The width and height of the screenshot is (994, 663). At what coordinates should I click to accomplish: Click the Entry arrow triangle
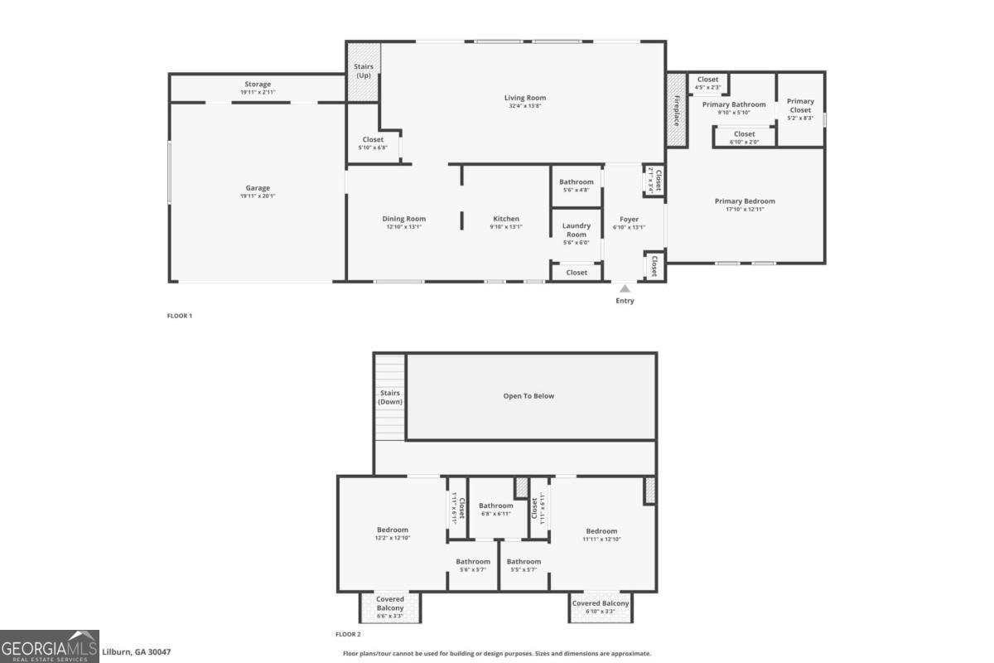point(625,288)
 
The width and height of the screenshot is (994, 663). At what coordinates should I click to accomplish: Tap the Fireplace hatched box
point(676,110)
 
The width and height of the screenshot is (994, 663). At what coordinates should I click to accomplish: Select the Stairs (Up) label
point(363,70)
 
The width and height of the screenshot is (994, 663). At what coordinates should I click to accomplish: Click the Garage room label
point(258,188)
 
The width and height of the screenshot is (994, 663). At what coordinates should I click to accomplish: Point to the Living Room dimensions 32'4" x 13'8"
point(525,106)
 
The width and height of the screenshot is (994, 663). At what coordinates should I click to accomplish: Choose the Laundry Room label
point(576,230)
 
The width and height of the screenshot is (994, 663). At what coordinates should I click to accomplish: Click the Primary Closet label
point(800,105)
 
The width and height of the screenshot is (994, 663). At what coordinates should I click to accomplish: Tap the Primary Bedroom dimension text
point(745,209)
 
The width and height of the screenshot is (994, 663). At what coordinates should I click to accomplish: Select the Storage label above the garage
point(258,84)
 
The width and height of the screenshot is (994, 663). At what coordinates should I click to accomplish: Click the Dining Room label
point(403,219)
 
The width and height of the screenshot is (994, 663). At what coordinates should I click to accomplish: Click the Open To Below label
point(528,396)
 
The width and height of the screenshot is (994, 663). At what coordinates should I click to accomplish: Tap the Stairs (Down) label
point(389,397)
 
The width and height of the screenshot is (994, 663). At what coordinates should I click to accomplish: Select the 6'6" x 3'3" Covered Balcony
point(390,607)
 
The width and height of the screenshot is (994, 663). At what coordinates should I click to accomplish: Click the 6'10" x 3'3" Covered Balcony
point(601,607)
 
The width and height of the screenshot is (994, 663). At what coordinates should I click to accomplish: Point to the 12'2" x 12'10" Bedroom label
point(393,530)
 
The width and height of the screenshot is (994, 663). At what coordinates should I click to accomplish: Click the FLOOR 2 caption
point(348,634)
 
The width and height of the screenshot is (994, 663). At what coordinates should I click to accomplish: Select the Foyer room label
point(628,220)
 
